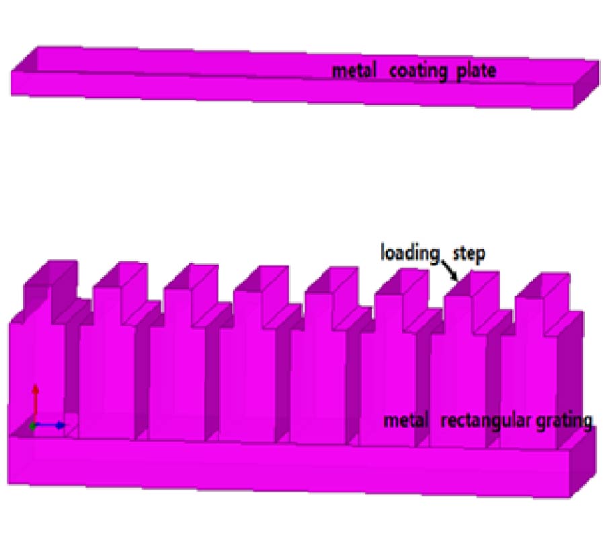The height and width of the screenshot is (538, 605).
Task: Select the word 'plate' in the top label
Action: [475, 71]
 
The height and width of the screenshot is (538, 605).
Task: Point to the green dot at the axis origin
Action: [33, 425]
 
